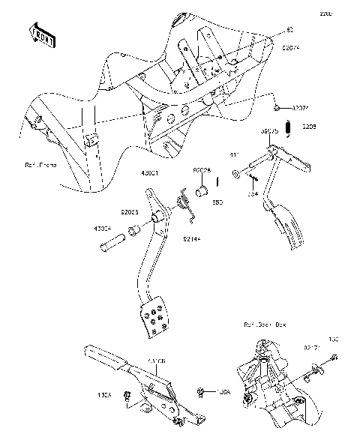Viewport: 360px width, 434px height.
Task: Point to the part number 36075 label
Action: click(269, 130)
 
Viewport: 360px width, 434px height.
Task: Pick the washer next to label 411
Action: click(236, 175)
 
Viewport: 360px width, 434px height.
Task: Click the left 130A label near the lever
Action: click(106, 393)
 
